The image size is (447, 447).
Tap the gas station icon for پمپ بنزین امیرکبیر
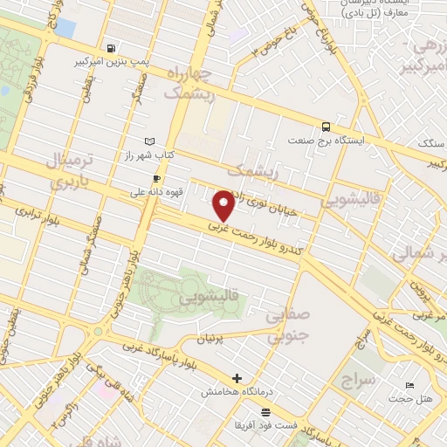(110, 48)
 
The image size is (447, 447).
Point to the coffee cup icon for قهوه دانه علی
(156, 177)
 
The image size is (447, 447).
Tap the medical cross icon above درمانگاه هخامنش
(237, 378)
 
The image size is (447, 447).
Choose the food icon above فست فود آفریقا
(265, 411)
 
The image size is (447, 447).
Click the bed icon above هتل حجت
(410, 385)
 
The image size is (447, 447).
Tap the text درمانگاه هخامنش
(236, 393)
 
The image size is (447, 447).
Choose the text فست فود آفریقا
(265, 424)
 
